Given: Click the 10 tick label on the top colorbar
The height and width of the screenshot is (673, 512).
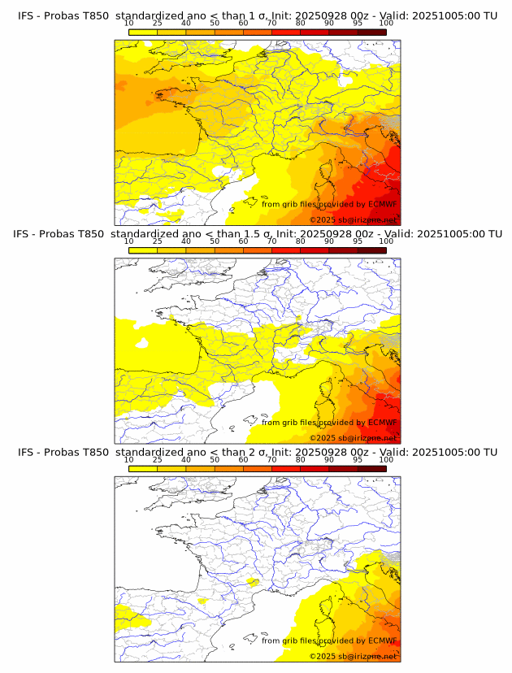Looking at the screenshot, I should coord(128,23).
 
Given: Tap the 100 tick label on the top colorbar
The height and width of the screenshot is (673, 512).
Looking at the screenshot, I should coord(386,23).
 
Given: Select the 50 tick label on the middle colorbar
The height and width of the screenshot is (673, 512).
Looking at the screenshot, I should coord(215,241).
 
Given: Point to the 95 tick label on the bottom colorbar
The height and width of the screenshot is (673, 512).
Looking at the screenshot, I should coord(358,459).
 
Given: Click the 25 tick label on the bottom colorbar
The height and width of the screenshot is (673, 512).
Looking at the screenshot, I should coord(157,459).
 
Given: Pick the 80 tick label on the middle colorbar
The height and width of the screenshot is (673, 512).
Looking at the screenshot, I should coord(300,241).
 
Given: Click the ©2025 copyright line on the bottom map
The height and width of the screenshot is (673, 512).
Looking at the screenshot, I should coord(353,656).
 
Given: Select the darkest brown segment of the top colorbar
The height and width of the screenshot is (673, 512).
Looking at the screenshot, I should coord(371,31).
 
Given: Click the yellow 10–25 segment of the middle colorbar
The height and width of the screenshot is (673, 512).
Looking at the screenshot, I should coord(143,250).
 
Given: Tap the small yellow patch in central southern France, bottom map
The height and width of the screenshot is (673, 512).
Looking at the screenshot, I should coord(253,582).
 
